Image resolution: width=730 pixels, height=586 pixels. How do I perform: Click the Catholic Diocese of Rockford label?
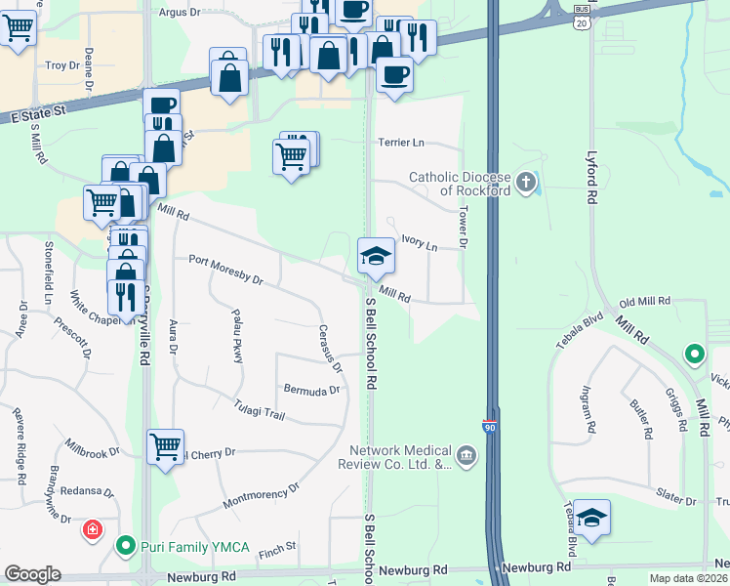[460, 184]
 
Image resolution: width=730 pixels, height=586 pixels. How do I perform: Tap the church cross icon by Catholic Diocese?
[526, 181]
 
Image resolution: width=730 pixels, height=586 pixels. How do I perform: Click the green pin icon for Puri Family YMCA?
[125, 545]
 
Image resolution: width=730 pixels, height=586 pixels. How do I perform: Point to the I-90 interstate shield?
[489, 427]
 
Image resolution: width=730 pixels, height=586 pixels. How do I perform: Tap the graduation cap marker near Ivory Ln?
[376, 258]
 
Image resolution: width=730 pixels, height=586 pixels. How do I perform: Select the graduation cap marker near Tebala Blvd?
[591, 519]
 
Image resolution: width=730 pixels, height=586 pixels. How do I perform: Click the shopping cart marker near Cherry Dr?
[165, 447]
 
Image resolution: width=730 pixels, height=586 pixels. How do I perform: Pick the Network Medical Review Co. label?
[402, 457]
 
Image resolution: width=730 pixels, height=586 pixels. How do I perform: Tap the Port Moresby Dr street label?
[226, 270]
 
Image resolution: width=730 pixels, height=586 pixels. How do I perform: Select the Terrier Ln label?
[402, 143]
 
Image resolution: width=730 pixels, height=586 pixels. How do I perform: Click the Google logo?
[31, 574]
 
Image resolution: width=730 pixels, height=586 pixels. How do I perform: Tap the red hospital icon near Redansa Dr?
[93, 530]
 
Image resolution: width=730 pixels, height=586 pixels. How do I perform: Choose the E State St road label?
[38, 114]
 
